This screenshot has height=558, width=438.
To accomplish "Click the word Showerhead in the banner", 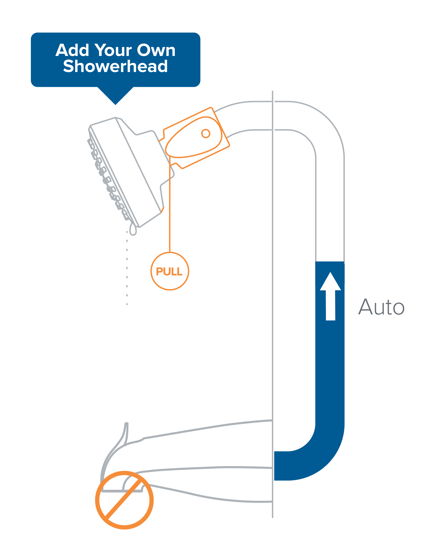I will [115, 66].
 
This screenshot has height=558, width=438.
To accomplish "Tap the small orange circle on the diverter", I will [206, 133].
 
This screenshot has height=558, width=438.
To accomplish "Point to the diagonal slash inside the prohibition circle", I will [124, 500].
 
